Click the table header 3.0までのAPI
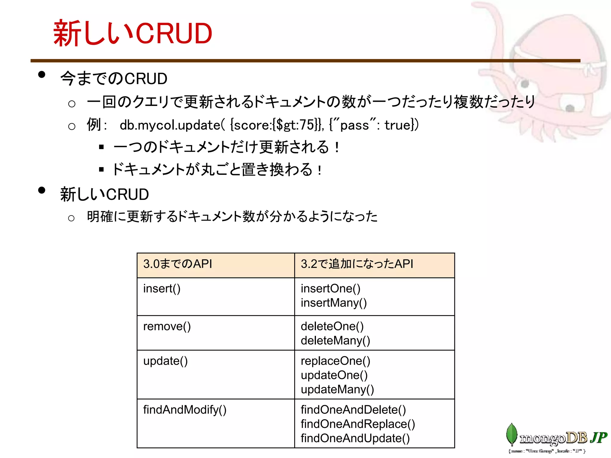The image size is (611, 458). [178, 264]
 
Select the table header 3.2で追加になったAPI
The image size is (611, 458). [357, 264]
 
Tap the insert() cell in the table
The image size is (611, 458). [162, 289]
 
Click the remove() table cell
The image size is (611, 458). [167, 326]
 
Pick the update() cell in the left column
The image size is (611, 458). [165, 361]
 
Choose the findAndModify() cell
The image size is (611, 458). [185, 410]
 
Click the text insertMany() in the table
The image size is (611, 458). [334, 303]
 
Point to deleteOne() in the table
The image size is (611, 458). [332, 326]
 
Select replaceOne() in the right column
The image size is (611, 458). [335, 361]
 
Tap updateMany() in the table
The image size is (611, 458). [337, 389]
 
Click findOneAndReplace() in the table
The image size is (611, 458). [358, 424]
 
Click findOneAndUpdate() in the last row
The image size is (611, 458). [355, 438]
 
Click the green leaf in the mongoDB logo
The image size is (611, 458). [512, 434]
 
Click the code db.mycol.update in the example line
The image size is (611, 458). [170, 125]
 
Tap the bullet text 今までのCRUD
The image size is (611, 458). [113, 79]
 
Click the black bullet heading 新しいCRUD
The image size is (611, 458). [104, 194]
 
